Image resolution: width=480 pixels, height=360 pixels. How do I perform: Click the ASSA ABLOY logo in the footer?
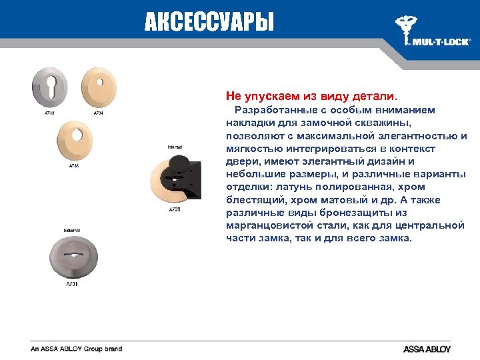click(427, 349)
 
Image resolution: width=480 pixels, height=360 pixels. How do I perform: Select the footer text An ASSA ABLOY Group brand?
click(76, 349)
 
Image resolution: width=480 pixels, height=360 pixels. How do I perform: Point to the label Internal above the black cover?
click(175, 146)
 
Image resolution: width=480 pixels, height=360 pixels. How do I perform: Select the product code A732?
click(174, 209)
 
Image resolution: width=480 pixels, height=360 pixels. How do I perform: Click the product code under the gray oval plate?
click(71, 285)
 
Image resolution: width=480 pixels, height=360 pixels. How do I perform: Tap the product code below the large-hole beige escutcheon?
click(74, 166)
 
